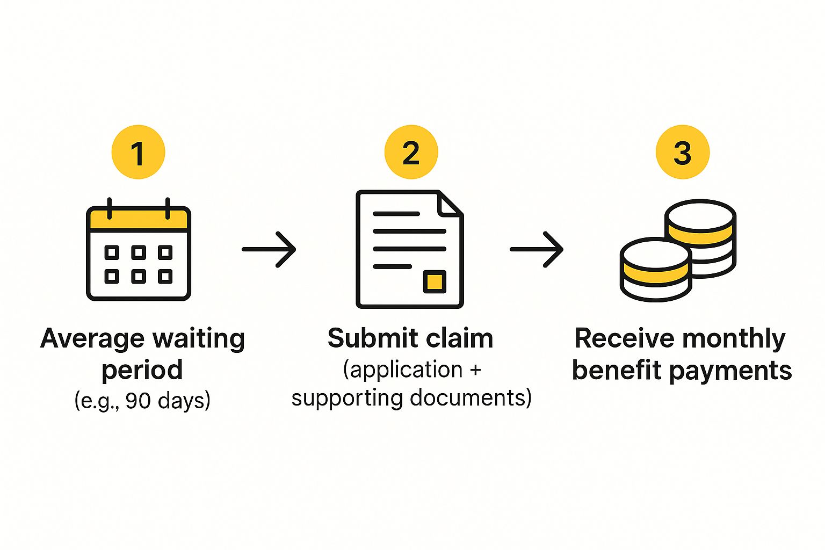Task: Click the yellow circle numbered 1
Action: point(138,153)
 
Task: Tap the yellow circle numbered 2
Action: point(411,153)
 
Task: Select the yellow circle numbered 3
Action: point(682,153)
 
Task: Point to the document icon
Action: point(409,249)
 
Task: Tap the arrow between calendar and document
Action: point(269,249)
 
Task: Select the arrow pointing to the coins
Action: point(537,249)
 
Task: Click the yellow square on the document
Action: point(435,281)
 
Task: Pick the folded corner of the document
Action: point(450,204)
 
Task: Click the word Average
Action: point(92,339)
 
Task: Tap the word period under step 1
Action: point(142,370)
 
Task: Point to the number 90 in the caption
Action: point(137,401)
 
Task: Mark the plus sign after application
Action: point(475,370)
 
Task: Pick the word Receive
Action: point(624,339)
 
